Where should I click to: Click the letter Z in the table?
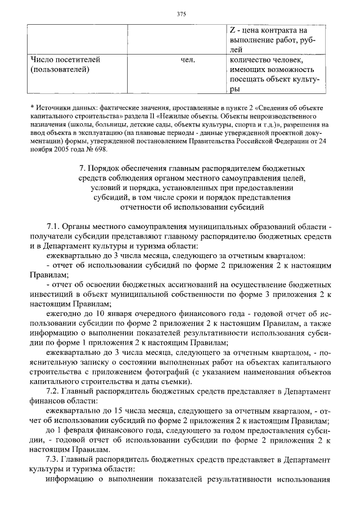[x=233, y=30]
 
